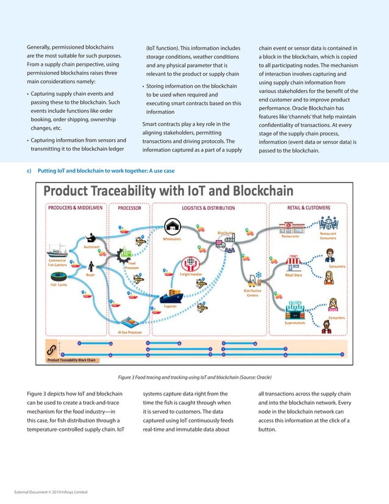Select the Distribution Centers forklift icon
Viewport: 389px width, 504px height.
click(x=252, y=278)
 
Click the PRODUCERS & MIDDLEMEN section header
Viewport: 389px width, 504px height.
click(x=73, y=207)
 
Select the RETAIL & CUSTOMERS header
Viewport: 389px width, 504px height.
click(x=309, y=207)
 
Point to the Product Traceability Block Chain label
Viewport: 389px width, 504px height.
click(x=72, y=360)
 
